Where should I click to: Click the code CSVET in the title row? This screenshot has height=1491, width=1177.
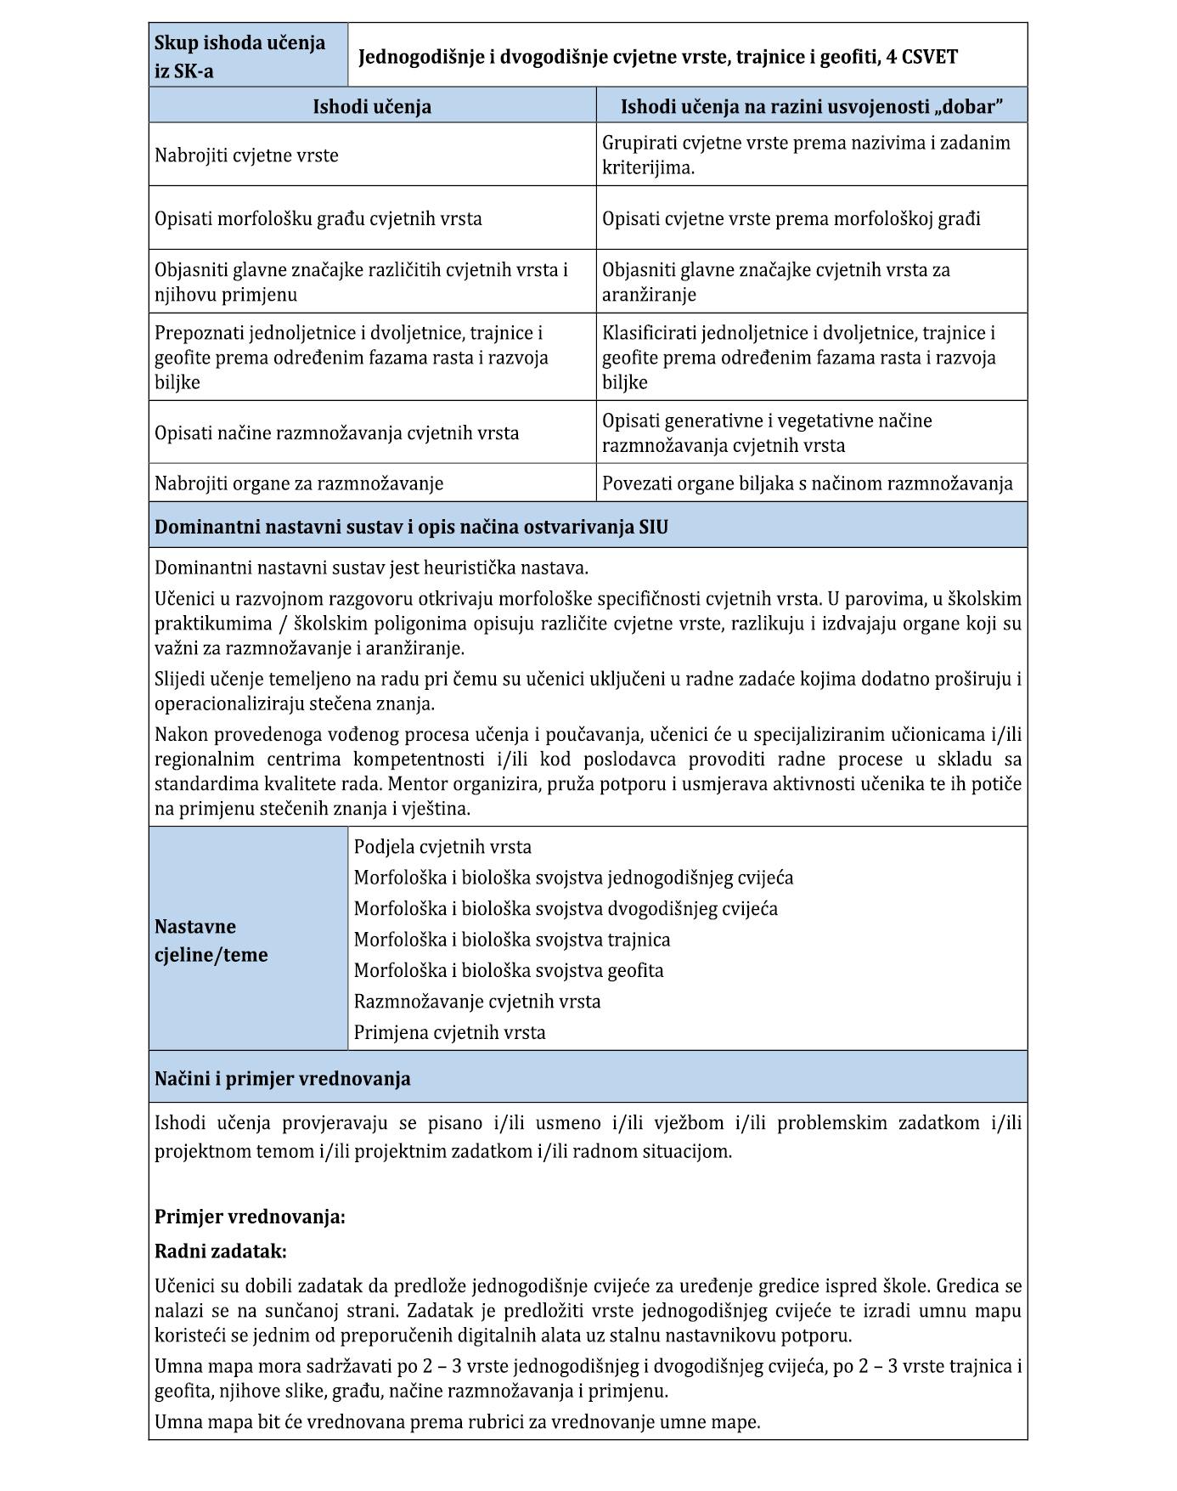pos(928,57)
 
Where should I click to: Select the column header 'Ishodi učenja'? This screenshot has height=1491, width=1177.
pos(372,106)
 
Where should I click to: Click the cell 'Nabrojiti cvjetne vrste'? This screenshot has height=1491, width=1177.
pos(246,155)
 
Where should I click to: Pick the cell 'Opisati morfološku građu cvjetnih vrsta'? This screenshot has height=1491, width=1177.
pos(318,218)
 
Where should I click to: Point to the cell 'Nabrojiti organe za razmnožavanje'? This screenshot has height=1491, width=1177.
pos(299,483)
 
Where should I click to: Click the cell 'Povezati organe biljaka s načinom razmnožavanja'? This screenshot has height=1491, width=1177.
pos(807,483)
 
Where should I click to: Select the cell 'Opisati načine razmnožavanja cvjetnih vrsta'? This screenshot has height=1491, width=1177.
pos(336,432)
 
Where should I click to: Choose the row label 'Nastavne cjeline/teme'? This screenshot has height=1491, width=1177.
pos(211,940)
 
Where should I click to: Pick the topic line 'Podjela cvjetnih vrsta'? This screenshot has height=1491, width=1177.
pos(442,847)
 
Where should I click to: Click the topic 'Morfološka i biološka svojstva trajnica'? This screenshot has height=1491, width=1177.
pos(512,940)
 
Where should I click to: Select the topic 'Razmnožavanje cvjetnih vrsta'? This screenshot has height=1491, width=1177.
pos(477,1002)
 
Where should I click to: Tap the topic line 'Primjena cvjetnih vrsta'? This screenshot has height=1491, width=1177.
pos(449,1033)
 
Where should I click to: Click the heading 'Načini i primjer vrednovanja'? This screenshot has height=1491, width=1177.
pos(282,1079)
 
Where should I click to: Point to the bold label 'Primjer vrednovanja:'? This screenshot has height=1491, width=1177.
pos(250,1217)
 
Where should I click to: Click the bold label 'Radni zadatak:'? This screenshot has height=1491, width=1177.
pos(221,1251)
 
